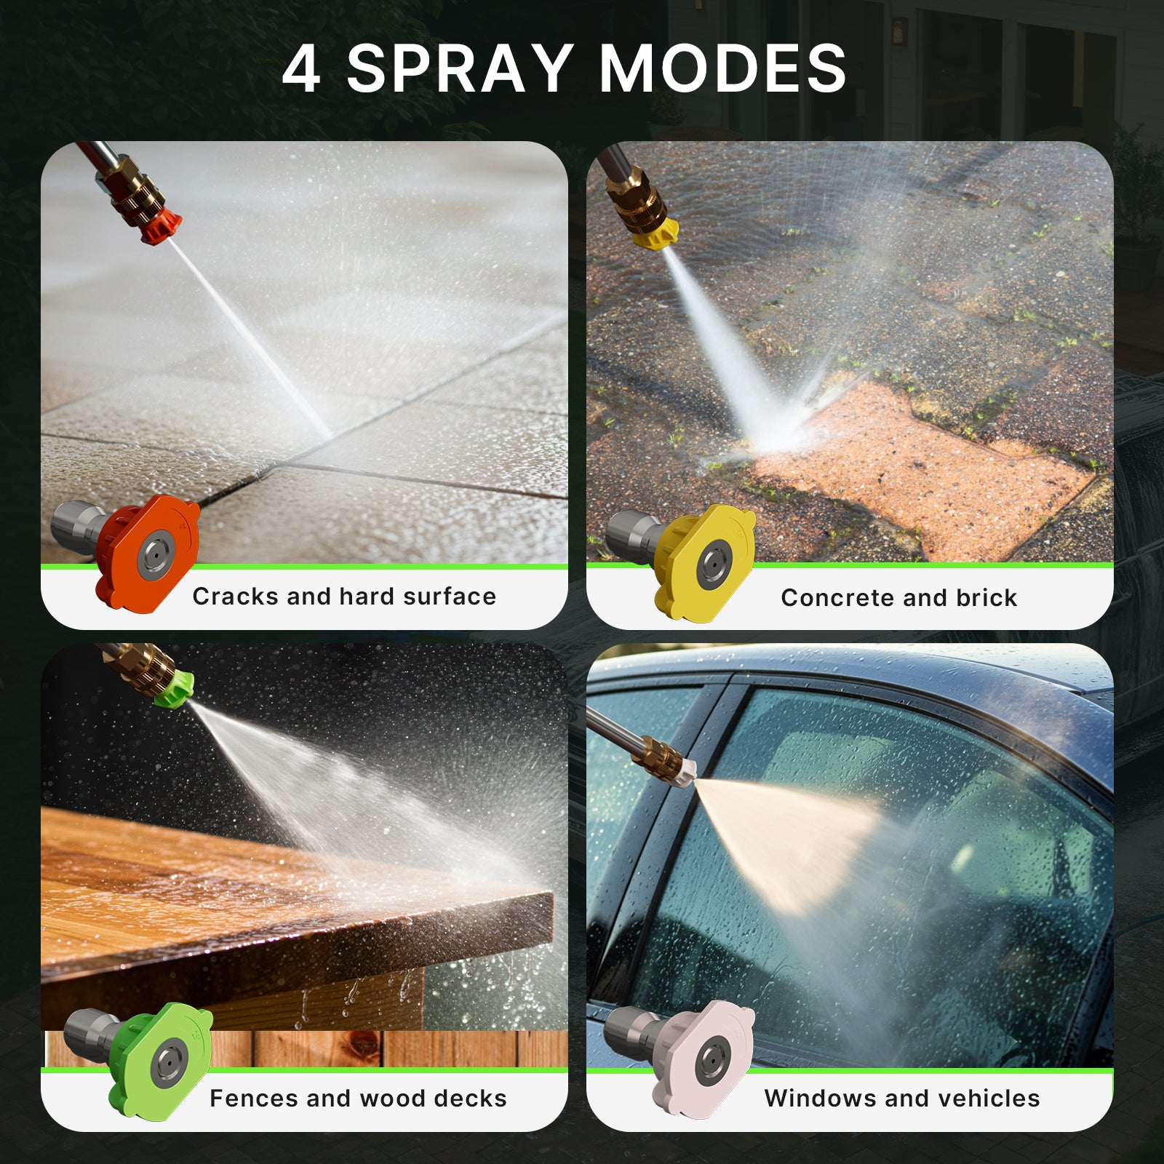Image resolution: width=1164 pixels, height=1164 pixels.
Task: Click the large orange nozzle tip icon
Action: pos(149,551)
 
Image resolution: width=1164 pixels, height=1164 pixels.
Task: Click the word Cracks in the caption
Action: pos(236,597)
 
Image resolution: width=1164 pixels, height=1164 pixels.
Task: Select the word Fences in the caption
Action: pos(254,1098)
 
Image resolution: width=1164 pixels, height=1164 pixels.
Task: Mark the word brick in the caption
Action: pos(986,598)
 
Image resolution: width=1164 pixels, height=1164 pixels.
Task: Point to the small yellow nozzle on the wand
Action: pos(655,234)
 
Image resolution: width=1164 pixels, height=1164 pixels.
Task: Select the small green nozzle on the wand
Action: pos(175,688)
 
